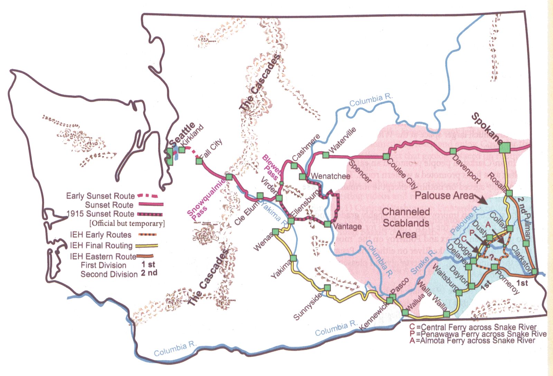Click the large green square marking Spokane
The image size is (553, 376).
tap(505, 148)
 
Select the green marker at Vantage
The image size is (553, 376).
tap(327, 224)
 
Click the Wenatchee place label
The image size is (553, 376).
tap(330, 176)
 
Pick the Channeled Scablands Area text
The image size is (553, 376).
tap(406, 223)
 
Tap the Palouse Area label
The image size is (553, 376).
tap(444, 196)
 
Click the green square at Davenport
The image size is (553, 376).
tap(453, 151)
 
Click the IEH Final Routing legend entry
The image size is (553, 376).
tap(101, 245)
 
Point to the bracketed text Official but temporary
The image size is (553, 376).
tap(127, 223)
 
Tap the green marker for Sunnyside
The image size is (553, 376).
tap(327, 288)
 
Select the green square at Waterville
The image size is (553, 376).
tap(326, 155)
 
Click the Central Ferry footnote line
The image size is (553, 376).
tap(473, 327)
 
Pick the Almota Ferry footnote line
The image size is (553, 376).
tap(472, 341)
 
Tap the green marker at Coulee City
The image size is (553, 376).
tap(386, 157)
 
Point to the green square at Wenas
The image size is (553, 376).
tap(275, 232)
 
